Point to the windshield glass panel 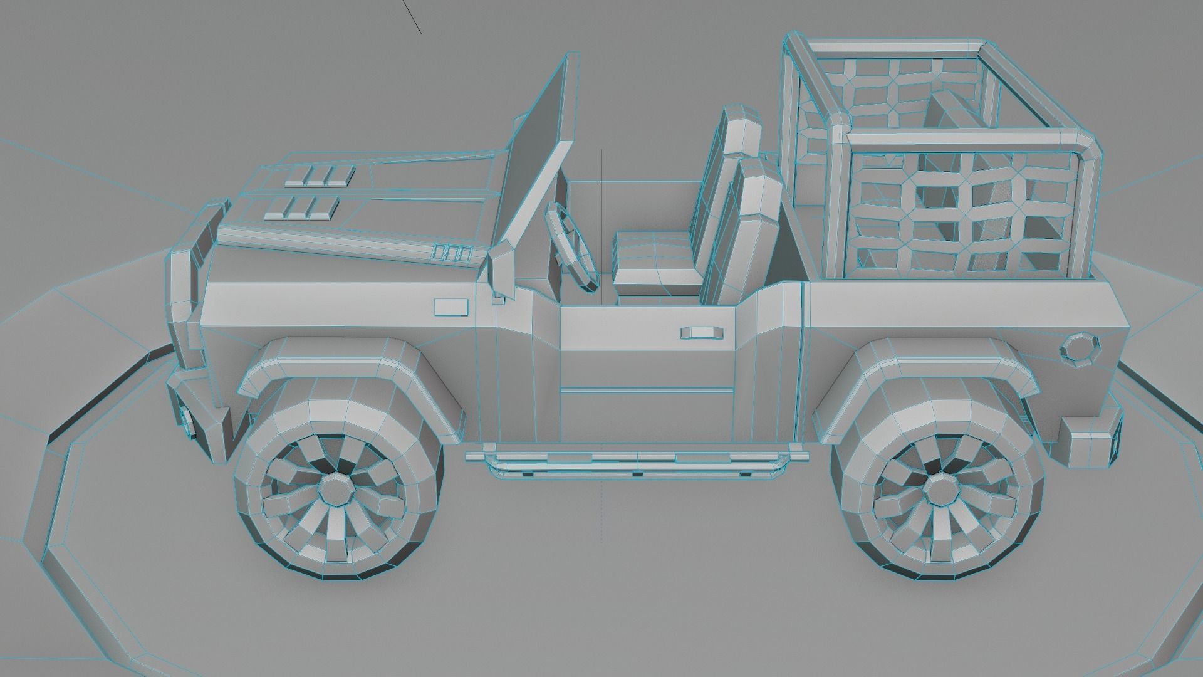538,157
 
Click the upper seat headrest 742,130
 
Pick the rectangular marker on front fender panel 451,307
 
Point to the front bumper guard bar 188,288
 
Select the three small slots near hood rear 451,253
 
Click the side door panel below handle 645,401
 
